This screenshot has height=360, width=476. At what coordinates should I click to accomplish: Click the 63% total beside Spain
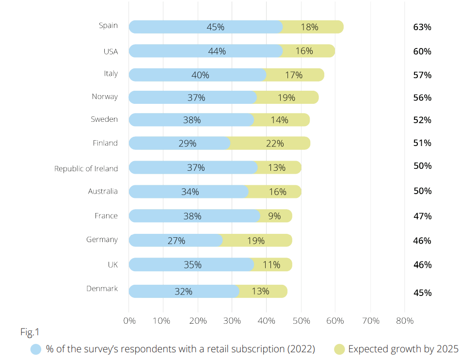click(422, 27)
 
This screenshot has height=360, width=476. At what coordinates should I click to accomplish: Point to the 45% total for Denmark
click(422, 293)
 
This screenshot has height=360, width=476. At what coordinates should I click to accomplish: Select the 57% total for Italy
click(422, 75)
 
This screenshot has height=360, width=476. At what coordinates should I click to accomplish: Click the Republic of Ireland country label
click(86, 169)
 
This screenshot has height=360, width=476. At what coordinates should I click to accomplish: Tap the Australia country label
click(103, 191)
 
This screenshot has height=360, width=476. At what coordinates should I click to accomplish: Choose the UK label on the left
click(112, 265)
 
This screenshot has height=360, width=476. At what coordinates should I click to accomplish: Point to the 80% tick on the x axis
click(404, 321)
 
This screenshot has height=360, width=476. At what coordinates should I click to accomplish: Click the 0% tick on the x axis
click(129, 321)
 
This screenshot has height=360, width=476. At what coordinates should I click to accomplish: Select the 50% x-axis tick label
click(301, 321)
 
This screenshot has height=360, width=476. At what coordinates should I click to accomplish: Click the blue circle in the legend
click(36, 349)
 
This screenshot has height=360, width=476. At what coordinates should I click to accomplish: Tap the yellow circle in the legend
click(339, 349)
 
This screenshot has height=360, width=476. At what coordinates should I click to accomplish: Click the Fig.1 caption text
click(30, 332)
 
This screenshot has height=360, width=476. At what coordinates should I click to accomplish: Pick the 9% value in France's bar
click(274, 216)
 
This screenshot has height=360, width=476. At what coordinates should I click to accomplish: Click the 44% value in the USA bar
click(217, 51)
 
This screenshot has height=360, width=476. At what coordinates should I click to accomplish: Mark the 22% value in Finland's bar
click(274, 143)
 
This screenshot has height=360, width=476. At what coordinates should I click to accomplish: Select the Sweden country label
click(104, 119)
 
